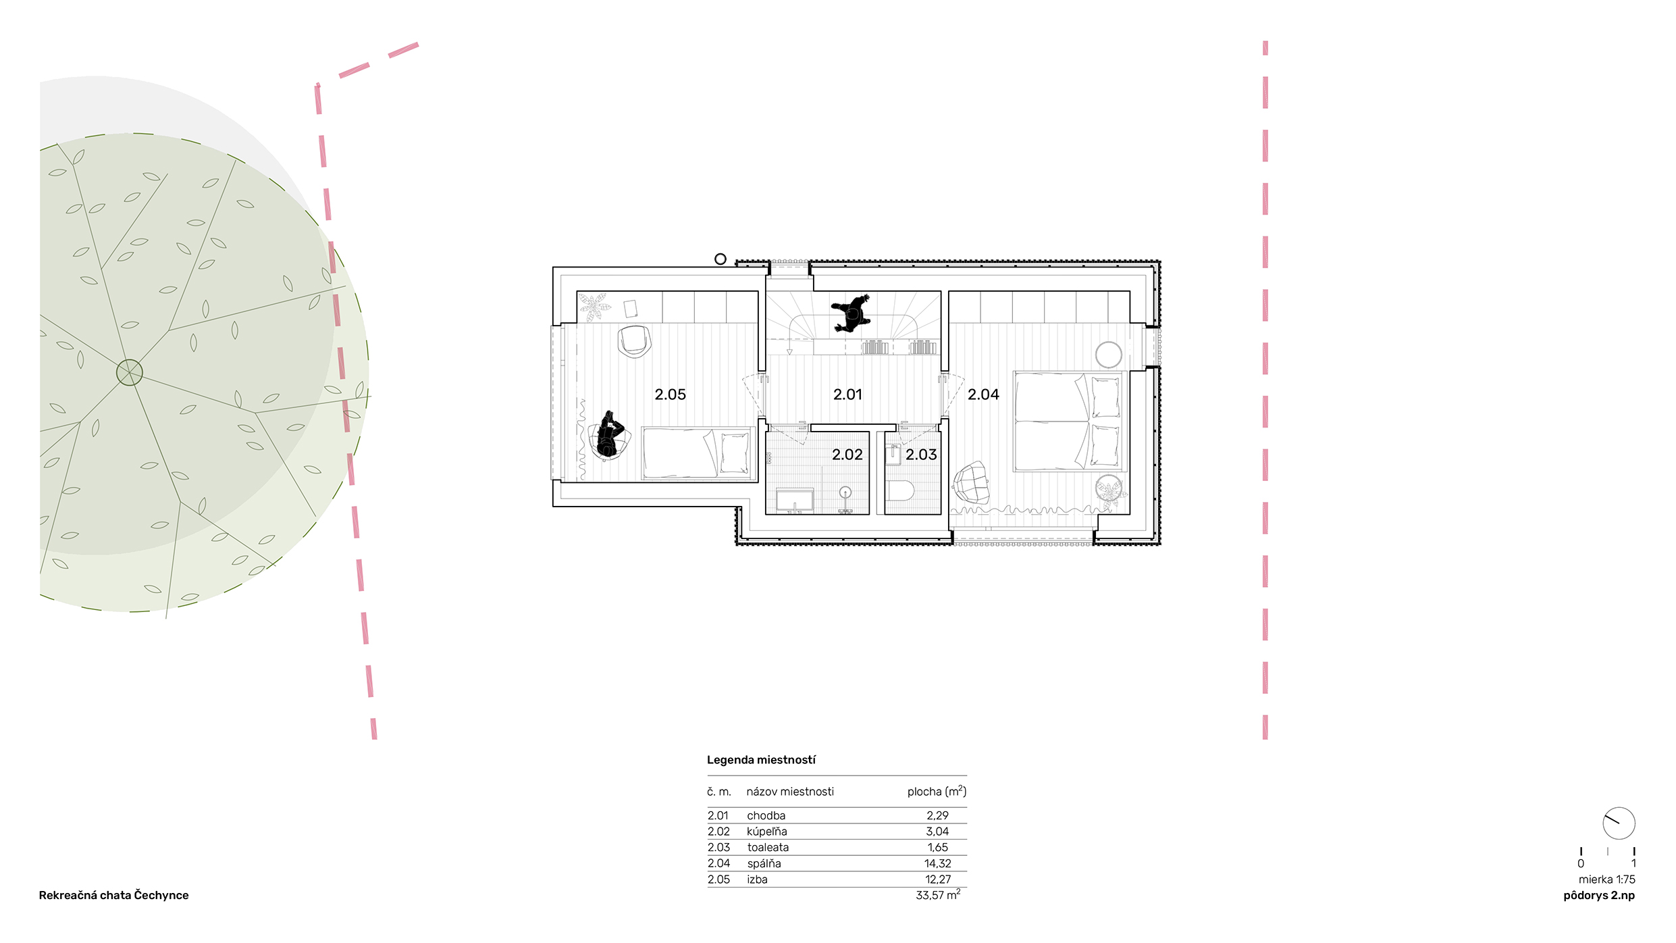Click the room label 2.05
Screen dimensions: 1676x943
point(670,394)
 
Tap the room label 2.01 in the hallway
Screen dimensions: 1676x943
point(847,394)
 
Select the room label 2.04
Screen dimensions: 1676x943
point(983,394)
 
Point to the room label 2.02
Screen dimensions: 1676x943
point(847,455)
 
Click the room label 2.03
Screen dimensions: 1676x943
point(921,455)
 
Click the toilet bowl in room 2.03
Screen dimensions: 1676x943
point(901,490)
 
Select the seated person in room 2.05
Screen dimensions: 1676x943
point(610,436)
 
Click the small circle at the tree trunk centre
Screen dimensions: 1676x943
point(130,372)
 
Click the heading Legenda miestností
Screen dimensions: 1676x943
point(761,760)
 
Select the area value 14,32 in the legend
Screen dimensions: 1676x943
point(937,863)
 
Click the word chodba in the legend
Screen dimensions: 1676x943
point(766,815)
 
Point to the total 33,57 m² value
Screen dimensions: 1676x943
point(938,895)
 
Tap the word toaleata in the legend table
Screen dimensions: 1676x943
point(768,847)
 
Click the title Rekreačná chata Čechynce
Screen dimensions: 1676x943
point(113,895)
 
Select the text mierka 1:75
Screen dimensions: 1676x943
point(1606,880)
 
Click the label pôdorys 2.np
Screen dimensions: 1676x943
point(1599,896)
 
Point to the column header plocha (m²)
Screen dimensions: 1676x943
point(937,791)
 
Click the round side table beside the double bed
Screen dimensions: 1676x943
point(1108,355)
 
